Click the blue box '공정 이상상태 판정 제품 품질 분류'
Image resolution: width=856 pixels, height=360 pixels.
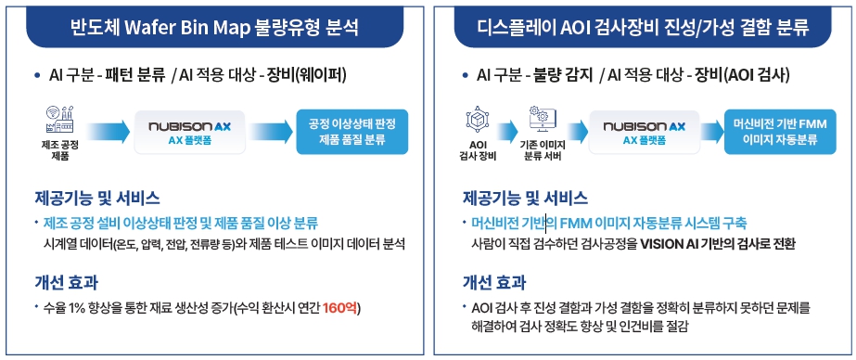click(352, 131)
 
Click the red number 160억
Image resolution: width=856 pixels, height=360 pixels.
click(341, 308)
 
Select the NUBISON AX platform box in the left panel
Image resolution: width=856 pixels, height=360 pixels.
click(189, 132)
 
